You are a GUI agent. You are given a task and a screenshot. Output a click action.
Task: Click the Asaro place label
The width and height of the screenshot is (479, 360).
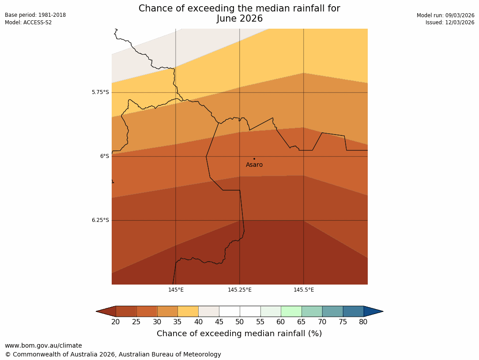coord(254,165)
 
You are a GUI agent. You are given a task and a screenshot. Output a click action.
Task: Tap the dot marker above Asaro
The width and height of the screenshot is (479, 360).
coord(254,158)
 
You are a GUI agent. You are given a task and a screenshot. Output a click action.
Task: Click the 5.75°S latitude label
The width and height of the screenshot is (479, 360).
coord(100,92)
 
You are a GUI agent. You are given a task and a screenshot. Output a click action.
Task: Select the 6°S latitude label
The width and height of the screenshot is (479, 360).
coord(104,156)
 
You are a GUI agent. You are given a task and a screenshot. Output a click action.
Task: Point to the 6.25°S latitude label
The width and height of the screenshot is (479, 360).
coord(100,220)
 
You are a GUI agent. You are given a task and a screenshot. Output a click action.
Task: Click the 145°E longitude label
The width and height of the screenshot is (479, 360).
coord(176,290)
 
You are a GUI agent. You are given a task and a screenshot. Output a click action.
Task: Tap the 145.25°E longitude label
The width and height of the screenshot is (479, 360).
coord(240,290)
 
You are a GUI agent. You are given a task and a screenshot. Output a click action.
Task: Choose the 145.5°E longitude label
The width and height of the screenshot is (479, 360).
coord(304,290)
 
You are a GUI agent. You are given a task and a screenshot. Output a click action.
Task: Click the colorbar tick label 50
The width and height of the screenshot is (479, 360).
coord(240,322)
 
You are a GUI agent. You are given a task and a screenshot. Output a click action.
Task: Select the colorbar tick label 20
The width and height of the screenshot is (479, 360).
coord(116,322)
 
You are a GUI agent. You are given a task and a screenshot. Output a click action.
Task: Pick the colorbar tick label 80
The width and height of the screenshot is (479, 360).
coord(363,322)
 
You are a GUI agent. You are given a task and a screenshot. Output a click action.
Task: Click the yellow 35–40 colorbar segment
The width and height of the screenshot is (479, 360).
coord(188,311)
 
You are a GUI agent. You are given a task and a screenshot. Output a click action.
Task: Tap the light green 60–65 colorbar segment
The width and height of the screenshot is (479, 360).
coord(291,311)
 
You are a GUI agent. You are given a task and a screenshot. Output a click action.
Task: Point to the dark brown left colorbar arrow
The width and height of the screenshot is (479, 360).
coord(106,311)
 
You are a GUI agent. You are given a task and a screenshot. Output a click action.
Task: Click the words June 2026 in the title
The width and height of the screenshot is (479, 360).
coord(239,19)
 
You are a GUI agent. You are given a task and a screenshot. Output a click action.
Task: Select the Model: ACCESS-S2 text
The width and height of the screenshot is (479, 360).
coord(28,22)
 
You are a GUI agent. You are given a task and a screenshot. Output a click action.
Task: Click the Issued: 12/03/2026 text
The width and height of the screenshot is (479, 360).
coord(450,22)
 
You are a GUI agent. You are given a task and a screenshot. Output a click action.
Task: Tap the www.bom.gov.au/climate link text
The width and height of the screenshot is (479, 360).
coord(43,346)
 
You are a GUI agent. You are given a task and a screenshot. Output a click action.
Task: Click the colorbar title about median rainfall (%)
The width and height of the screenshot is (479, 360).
coord(239,334)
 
